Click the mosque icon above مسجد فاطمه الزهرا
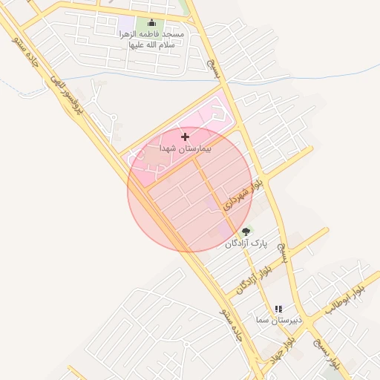coord(153,23)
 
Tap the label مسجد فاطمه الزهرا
coord(152,35)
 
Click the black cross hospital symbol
coord(186,137)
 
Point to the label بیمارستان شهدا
coord(186,149)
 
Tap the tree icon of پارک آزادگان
coord(246,232)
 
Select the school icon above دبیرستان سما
coord(278,309)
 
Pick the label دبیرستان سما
coord(277,320)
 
